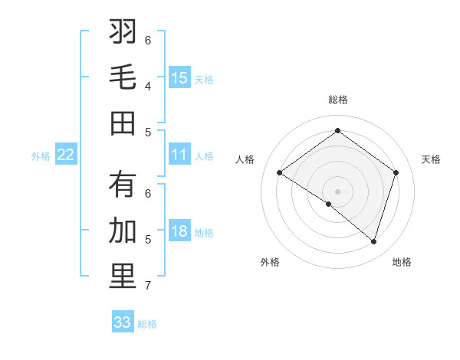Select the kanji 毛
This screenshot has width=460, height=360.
123,77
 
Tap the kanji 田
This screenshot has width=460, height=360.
123,123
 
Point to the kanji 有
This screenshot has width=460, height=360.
123,185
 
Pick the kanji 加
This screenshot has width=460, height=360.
123,231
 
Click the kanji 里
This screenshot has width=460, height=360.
123,277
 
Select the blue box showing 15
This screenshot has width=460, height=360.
179,77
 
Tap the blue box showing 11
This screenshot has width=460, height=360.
179,155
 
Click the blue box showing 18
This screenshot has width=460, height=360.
179,231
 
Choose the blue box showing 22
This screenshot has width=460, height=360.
66,155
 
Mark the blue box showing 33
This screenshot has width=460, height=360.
123,322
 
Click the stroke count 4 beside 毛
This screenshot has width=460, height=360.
148,86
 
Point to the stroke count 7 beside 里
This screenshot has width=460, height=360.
148,285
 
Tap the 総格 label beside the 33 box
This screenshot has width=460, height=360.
147,324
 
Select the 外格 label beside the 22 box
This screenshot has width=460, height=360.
41,156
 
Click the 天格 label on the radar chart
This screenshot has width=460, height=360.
431,159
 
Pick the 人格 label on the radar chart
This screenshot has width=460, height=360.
245,159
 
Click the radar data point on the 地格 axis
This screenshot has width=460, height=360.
373,241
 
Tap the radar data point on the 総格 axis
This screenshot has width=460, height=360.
337,131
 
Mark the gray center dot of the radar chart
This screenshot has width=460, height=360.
337,190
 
